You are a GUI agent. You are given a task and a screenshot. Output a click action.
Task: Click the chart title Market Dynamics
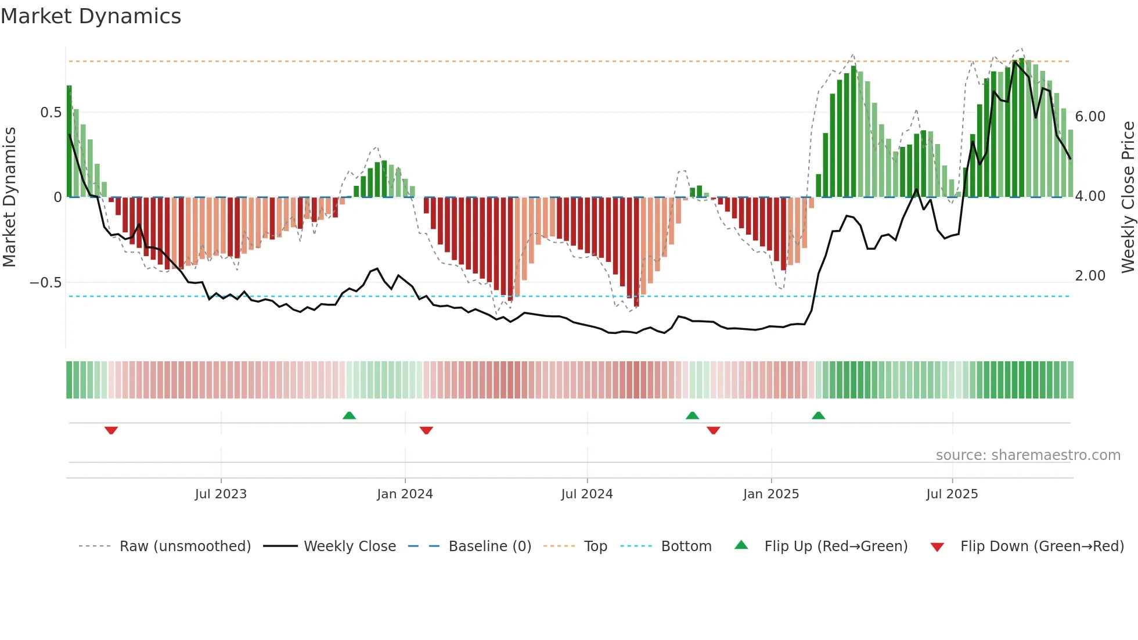click(x=91, y=16)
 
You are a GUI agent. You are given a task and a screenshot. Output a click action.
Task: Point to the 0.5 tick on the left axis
click(x=51, y=113)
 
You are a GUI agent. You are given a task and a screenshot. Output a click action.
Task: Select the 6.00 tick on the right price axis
click(x=1090, y=117)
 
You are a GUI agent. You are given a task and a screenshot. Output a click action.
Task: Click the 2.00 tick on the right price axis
click(x=1090, y=276)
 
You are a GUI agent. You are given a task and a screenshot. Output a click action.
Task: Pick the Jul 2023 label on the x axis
click(x=221, y=494)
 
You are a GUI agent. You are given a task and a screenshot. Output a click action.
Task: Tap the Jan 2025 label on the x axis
click(x=770, y=494)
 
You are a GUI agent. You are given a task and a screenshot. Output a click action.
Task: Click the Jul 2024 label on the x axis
click(x=586, y=494)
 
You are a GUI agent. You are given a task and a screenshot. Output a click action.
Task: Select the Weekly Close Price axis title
click(x=1128, y=197)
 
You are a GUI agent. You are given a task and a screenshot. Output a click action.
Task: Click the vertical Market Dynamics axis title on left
click(x=9, y=197)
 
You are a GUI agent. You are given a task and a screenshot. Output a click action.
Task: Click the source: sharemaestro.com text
click(x=1028, y=455)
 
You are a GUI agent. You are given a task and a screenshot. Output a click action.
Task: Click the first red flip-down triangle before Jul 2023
click(x=111, y=430)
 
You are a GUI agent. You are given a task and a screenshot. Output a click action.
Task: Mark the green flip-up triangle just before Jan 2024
click(x=349, y=415)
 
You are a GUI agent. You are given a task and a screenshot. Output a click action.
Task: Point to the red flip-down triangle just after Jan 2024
click(x=426, y=430)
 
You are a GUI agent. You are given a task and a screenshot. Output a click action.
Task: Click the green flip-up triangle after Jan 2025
click(x=818, y=415)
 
